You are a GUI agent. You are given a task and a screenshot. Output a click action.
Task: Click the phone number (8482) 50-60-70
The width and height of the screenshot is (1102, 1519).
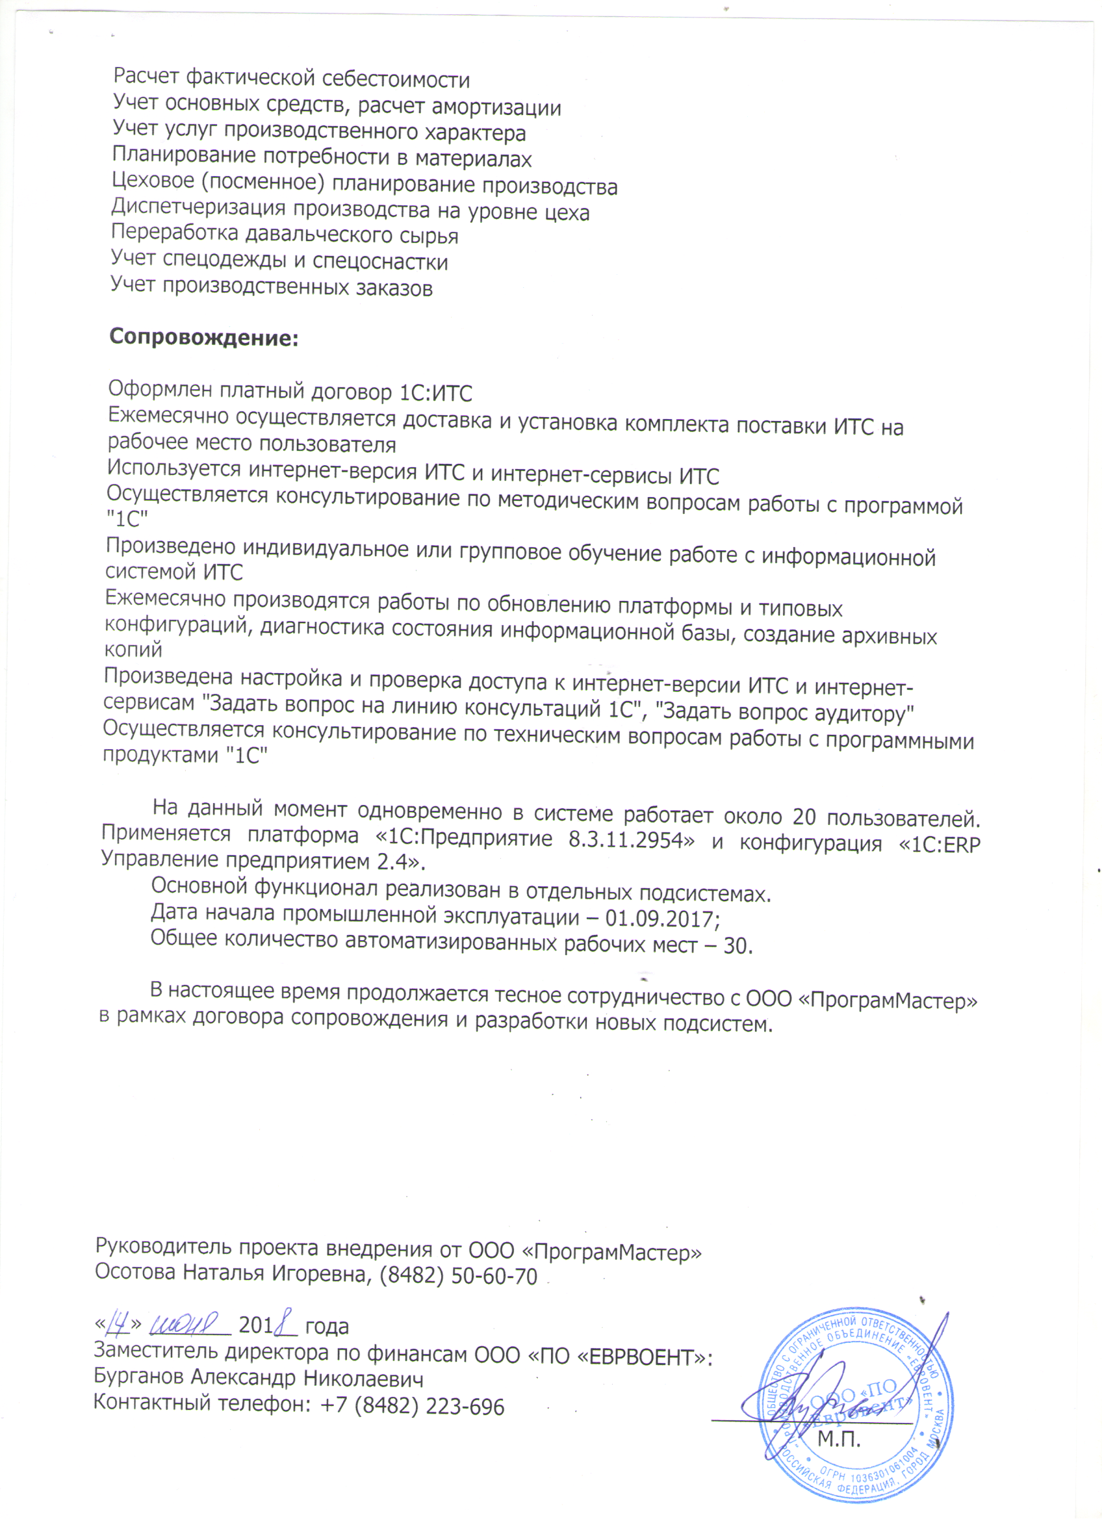[x=458, y=1277]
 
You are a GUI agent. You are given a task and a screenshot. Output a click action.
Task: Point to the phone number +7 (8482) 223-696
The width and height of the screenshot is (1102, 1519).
[x=412, y=1406]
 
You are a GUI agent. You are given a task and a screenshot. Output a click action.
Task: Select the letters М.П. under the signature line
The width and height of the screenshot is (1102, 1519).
[x=839, y=1438]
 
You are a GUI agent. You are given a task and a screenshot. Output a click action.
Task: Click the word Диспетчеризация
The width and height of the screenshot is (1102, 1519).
[x=198, y=208]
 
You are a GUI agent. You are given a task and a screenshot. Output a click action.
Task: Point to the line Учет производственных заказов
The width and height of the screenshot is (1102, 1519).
[x=272, y=287]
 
